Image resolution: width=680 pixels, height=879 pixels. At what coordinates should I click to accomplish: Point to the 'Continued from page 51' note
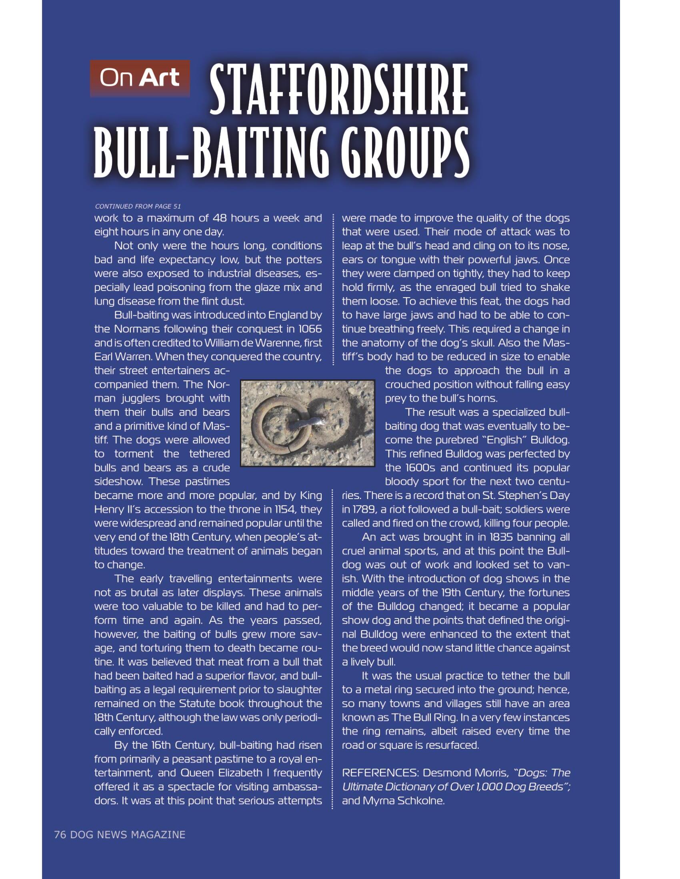(138, 207)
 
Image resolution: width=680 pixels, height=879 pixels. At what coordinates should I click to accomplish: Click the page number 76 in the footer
(60, 834)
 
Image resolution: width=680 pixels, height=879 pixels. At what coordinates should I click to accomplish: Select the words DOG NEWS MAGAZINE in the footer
(128, 834)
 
